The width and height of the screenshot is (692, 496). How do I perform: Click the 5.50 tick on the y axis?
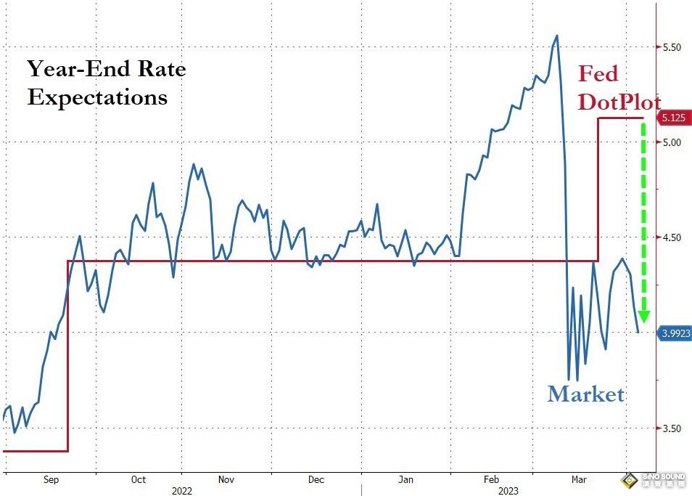pos(671,47)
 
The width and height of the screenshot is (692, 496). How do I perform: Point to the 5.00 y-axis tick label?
pos(671,142)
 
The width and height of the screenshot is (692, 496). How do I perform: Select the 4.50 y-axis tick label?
pos(671,237)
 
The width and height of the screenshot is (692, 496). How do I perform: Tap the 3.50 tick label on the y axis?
pos(671,428)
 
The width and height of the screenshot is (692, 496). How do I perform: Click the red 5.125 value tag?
pos(673,118)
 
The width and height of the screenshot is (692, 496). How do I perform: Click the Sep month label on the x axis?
pos(51,479)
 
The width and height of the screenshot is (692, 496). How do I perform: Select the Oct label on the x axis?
pos(138,479)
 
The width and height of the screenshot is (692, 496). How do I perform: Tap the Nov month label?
pos(226,479)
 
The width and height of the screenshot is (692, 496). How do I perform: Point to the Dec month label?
pos(316,479)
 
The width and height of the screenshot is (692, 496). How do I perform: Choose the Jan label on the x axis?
pos(405,479)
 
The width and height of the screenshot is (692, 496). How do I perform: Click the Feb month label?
pos(492,479)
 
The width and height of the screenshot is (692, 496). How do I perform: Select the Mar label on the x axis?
pos(579,479)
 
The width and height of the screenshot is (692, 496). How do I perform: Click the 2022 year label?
pos(182,491)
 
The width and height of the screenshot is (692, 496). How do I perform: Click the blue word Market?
pos(585,394)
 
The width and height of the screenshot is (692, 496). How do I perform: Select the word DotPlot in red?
pos(619,101)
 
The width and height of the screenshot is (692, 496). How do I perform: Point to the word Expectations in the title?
pos(97,97)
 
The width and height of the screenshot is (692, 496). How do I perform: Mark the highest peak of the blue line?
pos(556,35)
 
